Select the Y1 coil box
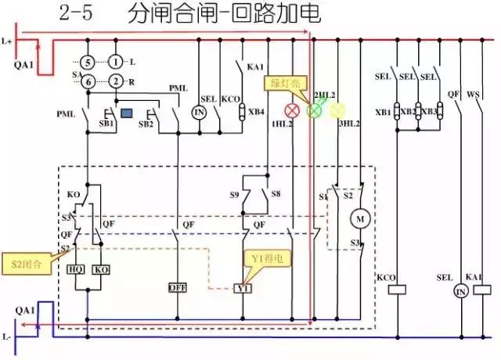click(x=243, y=288)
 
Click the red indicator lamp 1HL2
click(x=294, y=110)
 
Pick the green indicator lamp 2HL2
click(x=315, y=110)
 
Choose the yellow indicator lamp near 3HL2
click(x=337, y=110)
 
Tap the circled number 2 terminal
click(x=116, y=81)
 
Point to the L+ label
click(x=9, y=39)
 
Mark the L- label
click(x=9, y=337)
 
